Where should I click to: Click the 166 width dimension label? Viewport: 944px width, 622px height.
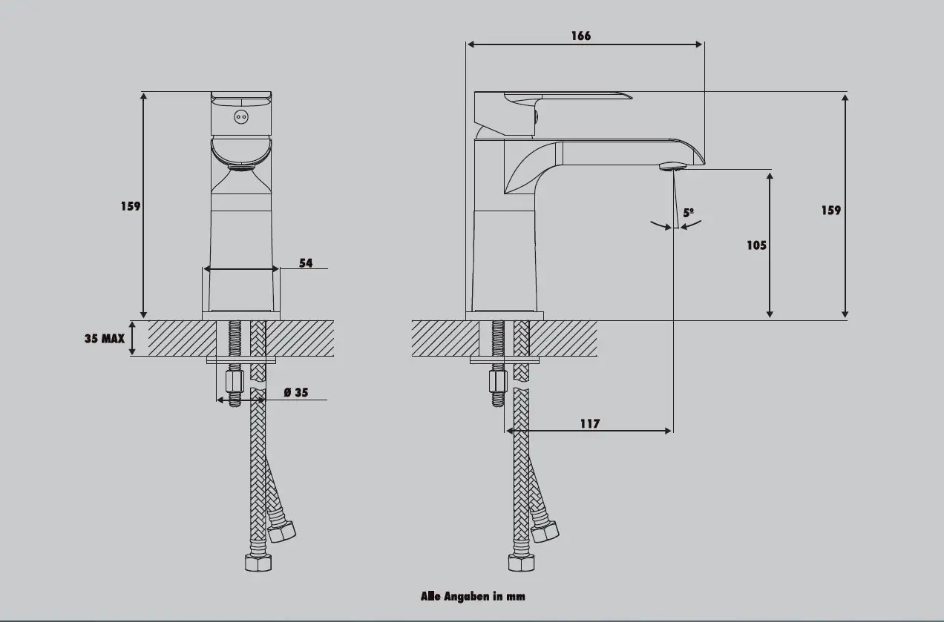[x=581, y=36]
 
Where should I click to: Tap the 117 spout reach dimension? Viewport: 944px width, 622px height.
[x=589, y=423]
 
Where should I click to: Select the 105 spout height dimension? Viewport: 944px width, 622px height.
[x=756, y=245]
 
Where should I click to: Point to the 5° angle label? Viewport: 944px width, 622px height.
[x=689, y=213]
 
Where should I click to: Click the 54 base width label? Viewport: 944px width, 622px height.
[x=306, y=262]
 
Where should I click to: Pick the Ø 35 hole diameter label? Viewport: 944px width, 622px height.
[x=296, y=392]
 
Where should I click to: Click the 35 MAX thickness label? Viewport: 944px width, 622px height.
[x=105, y=339]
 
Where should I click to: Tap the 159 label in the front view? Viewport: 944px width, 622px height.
[x=131, y=206]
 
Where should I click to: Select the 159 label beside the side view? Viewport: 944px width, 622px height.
[x=831, y=210]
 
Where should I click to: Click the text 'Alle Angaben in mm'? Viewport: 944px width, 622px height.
[x=473, y=596]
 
